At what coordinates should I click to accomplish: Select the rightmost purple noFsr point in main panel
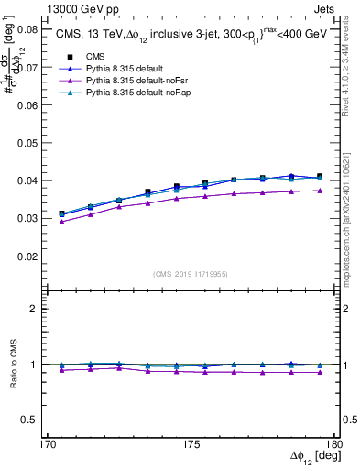coord(320,191)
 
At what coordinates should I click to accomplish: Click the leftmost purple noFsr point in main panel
coord(61,222)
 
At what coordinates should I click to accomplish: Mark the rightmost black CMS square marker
coord(320,176)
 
